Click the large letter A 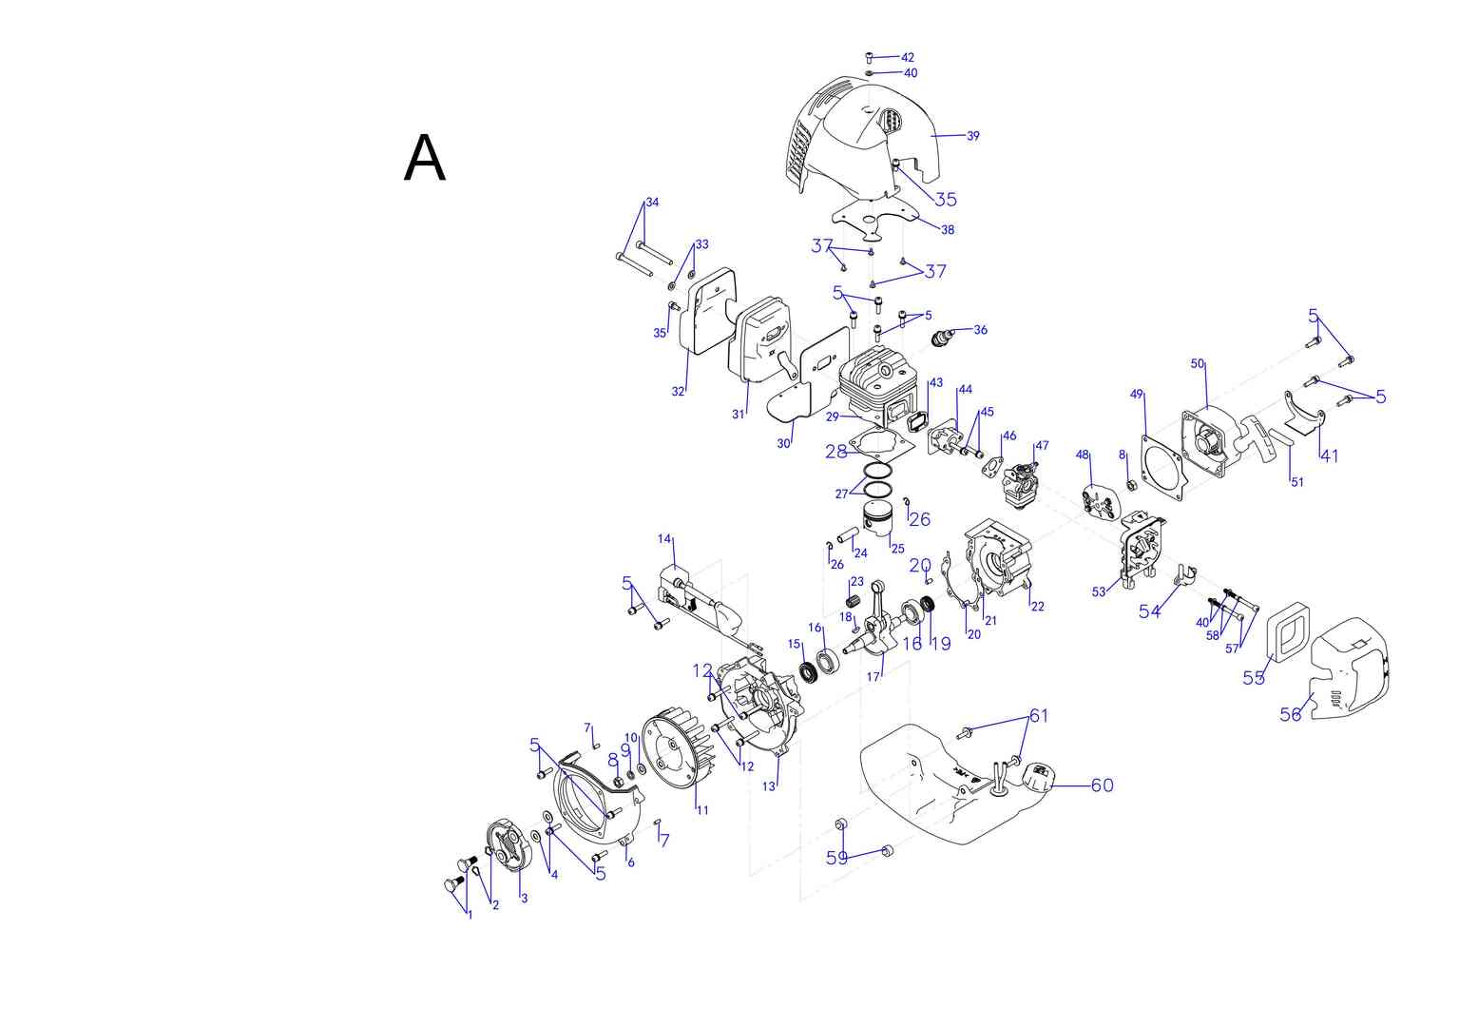pyautogui.click(x=424, y=159)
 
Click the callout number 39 pyautogui.click(x=972, y=136)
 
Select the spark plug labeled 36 pyautogui.click(x=945, y=336)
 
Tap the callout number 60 pyautogui.click(x=1102, y=785)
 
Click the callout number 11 pyautogui.click(x=702, y=810)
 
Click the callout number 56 pyautogui.click(x=1290, y=714)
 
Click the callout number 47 pyautogui.click(x=1042, y=445)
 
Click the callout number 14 pyautogui.click(x=664, y=539)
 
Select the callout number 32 pyautogui.click(x=678, y=391)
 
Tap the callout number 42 pyautogui.click(x=908, y=58)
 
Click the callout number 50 pyautogui.click(x=1198, y=363)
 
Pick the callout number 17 pyautogui.click(x=873, y=677)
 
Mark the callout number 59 pyautogui.click(x=836, y=858)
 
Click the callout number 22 pyautogui.click(x=1037, y=606)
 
